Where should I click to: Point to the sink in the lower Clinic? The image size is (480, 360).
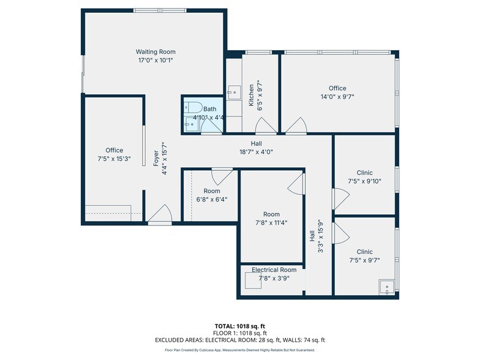pyautogui.click(x=386, y=287)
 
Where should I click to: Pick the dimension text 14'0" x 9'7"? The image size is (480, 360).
pyautogui.click(x=337, y=97)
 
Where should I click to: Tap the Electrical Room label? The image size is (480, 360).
pyautogui.click(x=274, y=269)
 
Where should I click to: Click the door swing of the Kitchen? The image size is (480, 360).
pyautogui.click(x=265, y=126)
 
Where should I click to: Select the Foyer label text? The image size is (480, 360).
pyautogui.click(x=156, y=158)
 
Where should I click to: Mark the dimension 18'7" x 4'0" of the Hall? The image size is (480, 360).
pyautogui.click(x=256, y=152)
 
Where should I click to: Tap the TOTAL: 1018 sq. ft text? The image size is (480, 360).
pyautogui.click(x=239, y=326)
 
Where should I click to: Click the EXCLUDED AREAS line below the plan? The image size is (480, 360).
pyautogui.click(x=239, y=340)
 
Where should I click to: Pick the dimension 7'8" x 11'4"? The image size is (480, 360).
pyautogui.click(x=271, y=223)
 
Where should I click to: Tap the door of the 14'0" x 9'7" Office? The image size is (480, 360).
pyautogui.click(x=296, y=126)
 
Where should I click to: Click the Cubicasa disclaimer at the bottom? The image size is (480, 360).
pyautogui.click(x=239, y=350)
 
